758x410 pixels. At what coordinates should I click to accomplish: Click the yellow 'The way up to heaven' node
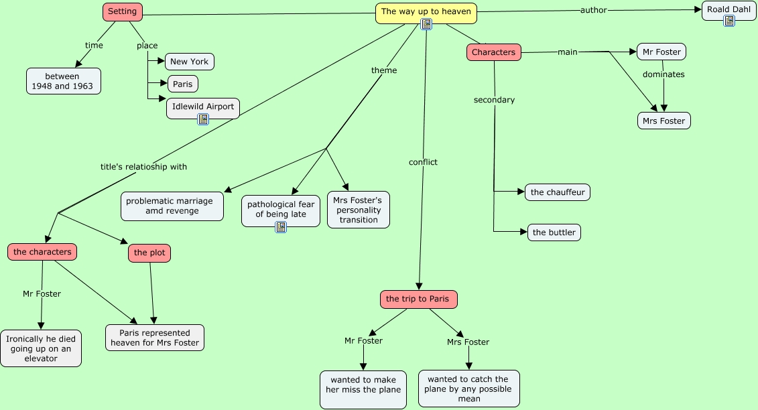(426, 13)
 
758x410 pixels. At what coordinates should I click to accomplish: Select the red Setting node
(122, 12)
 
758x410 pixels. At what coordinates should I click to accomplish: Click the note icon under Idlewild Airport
(203, 119)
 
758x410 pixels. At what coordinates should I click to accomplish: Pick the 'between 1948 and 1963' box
(63, 81)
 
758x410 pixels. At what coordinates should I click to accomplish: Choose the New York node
(189, 62)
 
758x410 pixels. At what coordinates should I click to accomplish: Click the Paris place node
(183, 84)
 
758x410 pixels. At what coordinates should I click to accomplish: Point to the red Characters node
(493, 52)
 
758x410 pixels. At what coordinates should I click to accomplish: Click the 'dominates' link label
(664, 74)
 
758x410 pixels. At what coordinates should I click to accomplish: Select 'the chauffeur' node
(558, 192)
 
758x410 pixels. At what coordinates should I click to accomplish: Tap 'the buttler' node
(554, 232)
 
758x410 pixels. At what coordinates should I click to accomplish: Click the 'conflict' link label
(423, 162)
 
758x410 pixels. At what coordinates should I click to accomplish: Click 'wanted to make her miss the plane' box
(363, 389)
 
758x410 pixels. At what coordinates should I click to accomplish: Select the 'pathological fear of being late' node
(281, 211)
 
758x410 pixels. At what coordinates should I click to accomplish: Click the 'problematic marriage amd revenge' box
(172, 206)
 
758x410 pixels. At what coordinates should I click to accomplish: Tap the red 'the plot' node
(149, 253)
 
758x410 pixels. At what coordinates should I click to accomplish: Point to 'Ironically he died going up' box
(41, 348)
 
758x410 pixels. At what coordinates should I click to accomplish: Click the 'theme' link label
(384, 70)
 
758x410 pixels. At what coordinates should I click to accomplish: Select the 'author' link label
(594, 9)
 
